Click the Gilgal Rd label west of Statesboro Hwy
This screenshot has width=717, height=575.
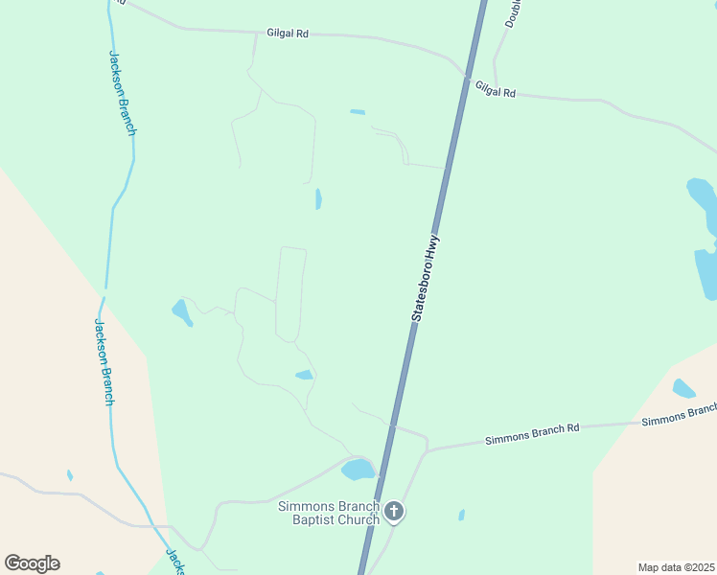288,34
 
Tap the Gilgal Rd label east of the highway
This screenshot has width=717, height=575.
495,89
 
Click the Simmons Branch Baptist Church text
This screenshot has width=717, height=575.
328,513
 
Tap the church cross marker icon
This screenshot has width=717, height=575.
394,513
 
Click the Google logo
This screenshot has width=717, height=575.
32,563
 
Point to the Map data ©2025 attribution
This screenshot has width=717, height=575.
677,567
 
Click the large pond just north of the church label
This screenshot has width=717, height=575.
358,470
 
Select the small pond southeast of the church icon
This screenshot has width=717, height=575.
461,515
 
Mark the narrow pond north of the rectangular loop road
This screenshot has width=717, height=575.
318,198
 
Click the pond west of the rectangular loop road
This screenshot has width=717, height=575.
180,311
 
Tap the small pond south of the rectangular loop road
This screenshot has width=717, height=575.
304,375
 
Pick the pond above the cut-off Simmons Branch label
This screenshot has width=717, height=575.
683,388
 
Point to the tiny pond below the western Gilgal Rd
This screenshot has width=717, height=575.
358,112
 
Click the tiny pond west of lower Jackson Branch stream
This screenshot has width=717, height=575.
70,475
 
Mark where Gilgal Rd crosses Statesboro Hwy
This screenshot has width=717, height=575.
467,75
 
